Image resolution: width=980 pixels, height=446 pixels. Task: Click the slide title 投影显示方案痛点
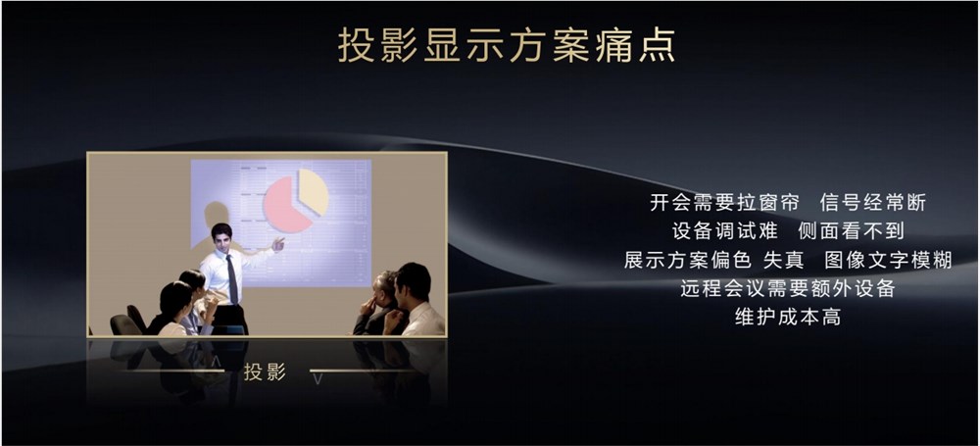point(507,45)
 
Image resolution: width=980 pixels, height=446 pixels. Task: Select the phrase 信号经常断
point(872,203)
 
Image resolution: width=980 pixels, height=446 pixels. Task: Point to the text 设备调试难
point(725,231)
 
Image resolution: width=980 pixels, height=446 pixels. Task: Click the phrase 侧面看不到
point(852,231)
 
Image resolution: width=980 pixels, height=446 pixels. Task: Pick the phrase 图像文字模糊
point(888,260)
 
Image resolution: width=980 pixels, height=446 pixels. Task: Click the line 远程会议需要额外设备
point(788,288)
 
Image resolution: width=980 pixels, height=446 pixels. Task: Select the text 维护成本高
point(788,318)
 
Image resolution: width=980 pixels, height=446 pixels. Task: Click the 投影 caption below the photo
point(265,372)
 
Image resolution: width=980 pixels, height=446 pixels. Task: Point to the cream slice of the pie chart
point(315,191)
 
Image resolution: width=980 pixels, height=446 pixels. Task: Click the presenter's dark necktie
point(232,279)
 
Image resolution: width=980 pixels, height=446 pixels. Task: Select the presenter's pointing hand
point(278,244)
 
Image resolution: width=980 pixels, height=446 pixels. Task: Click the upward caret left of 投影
point(217,362)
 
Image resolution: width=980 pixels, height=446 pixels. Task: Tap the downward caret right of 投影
point(318,379)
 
